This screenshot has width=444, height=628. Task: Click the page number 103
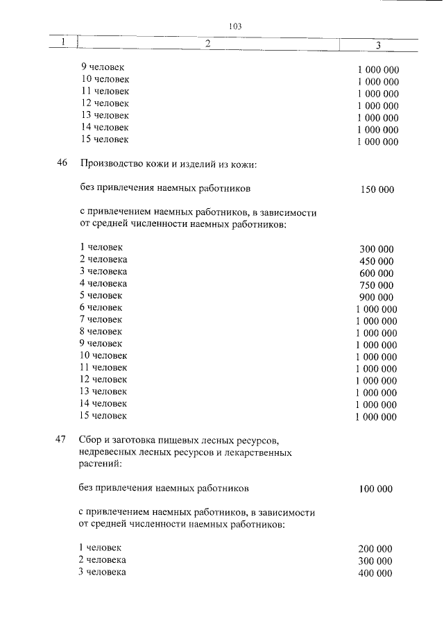click(x=233, y=26)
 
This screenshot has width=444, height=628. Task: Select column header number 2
click(x=207, y=44)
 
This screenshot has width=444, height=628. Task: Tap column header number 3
click(x=377, y=45)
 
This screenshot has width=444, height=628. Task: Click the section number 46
click(x=62, y=164)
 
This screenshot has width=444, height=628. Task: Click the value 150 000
click(x=377, y=189)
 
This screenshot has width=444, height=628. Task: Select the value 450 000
click(x=377, y=262)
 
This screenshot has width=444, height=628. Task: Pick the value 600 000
click(x=377, y=273)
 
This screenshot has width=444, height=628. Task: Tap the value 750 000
click(x=377, y=285)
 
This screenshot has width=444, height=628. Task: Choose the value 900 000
click(x=377, y=297)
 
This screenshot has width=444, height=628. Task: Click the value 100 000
click(x=376, y=489)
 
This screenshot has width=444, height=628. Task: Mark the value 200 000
click(x=375, y=549)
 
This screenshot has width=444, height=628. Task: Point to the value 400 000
click(x=375, y=573)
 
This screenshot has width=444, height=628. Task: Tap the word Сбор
click(x=91, y=440)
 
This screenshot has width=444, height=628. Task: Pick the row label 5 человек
click(x=101, y=295)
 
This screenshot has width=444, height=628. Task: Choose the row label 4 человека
click(x=103, y=283)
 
